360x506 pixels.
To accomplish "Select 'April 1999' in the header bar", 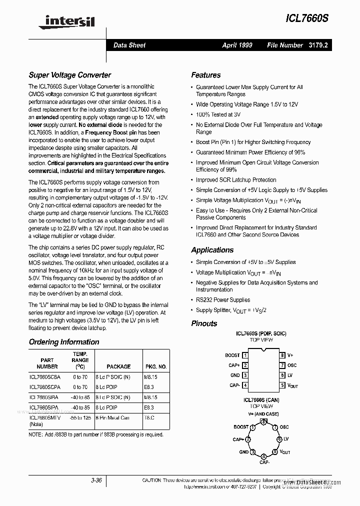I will pyautogui.click(x=237, y=45).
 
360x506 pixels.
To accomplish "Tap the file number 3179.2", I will pyautogui.click(x=317, y=45).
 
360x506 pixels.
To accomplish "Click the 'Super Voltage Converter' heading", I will pyautogui.click(x=69, y=75).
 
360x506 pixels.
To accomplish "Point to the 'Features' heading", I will pyautogui.click(x=205, y=75).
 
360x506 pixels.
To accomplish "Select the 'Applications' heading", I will pyautogui.click(x=212, y=250).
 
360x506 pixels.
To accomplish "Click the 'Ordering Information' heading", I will pyautogui.click(x=63, y=342).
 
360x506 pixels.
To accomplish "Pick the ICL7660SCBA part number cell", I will pyautogui.click(x=45, y=377).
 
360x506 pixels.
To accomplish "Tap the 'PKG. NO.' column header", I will pyautogui.click(x=155, y=366).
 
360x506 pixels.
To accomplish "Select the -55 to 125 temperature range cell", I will pyautogui.click(x=79, y=417).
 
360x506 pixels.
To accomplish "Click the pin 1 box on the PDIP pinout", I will pyautogui.click(x=245, y=355).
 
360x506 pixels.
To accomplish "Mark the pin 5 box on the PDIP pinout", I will pyautogui.click(x=282, y=385).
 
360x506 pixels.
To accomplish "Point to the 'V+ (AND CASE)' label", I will pyautogui.click(x=264, y=414).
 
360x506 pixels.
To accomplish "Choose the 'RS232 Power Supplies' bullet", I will pyautogui.click(x=222, y=300).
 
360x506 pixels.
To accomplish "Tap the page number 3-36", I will pyautogui.click(x=96, y=480).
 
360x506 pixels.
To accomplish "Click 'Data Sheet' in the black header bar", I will pyautogui.click(x=129, y=45).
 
